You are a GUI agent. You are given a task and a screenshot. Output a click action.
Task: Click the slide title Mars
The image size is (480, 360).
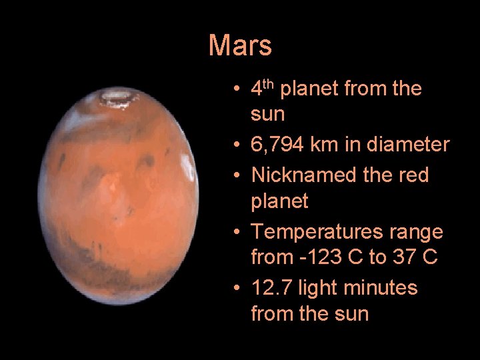240,46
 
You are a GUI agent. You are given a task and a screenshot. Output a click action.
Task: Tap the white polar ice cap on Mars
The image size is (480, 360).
115,99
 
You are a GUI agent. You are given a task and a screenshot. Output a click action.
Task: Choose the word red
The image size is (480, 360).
413,175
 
